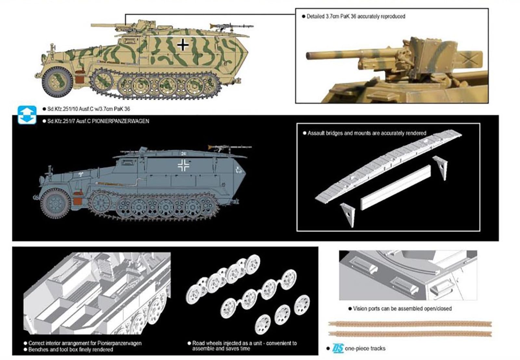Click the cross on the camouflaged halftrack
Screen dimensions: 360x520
pos(183,45)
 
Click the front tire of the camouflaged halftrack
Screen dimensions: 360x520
pos(58,82)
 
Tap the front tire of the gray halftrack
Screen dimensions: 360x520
pos(55,204)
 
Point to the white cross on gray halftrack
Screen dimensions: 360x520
pos(184,165)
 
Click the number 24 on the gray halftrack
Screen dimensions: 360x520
pos(184,153)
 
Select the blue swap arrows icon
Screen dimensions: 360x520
pos(27,115)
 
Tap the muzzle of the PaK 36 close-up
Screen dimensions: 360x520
pos(309,55)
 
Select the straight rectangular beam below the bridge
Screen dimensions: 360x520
pos(396,187)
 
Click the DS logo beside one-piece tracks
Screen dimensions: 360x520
pos(338,348)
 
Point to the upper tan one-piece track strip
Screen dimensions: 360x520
pos(409,324)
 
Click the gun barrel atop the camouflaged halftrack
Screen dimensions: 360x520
pos(107,25)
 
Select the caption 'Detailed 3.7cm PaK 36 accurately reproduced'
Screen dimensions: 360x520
pos(356,16)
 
